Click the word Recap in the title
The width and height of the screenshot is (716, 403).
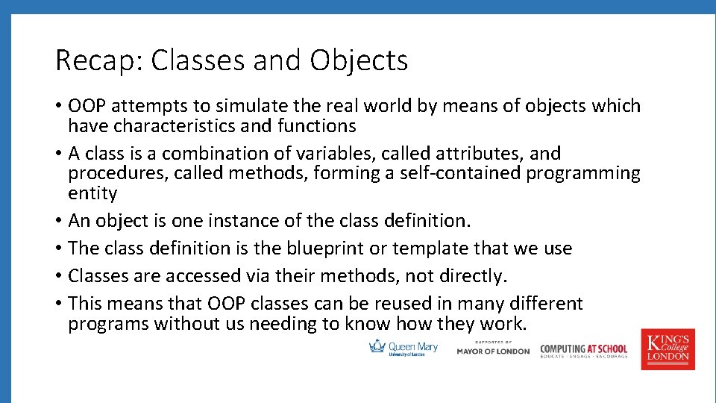[99, 60]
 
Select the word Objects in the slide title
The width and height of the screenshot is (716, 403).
[359, 60]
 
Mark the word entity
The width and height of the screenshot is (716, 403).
[92, 193]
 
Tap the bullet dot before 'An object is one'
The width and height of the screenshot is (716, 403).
[58, 220]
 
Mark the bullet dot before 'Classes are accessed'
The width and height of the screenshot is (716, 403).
[58, 275]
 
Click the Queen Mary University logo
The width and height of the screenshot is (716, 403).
[403, 348]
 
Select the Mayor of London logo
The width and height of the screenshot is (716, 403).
[493, 349]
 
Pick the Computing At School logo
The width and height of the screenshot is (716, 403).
[583, 351]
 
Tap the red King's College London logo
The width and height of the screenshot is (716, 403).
[668, 349]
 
